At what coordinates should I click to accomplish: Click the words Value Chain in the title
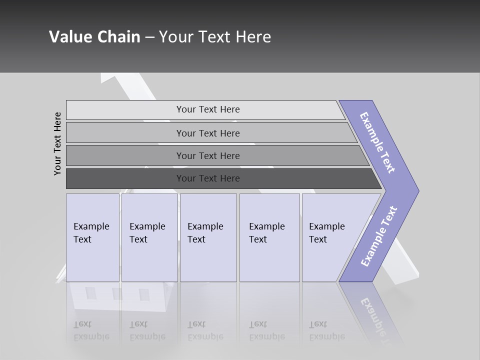(x=94, y=37)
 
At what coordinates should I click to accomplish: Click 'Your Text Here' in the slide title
(x=215, y=37)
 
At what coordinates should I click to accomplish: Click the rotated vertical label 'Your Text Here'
(x=57, y=143)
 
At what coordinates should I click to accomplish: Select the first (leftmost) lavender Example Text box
(x=92, y=237)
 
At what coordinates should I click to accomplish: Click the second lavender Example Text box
(x=149, y=237)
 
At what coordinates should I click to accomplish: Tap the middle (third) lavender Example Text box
(x=208, y=237)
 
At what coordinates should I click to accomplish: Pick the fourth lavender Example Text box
(x=269, y=237)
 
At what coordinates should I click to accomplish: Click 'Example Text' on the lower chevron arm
(x=379, y=236)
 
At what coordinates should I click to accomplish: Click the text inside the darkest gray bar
(x=208, y=178)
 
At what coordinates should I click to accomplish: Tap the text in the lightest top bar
(x=208, y=109)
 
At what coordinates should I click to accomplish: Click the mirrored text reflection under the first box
(x=91, y=330)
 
